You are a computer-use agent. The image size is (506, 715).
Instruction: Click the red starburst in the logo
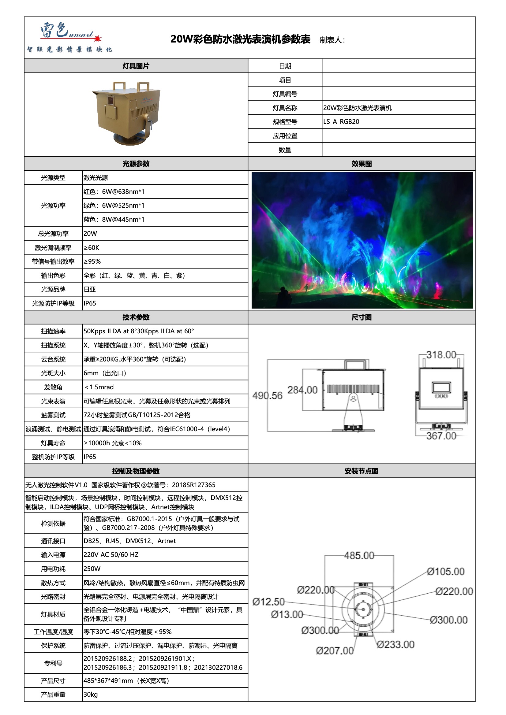pos(98,38)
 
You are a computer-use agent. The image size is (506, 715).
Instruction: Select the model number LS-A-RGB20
pos(341,122)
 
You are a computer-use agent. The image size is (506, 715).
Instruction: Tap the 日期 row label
pos(285,66)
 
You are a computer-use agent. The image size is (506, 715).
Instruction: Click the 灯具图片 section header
pos(136,66)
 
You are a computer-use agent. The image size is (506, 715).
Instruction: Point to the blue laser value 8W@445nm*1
pos(114,220)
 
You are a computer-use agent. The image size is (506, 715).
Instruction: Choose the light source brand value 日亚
pos(90,290)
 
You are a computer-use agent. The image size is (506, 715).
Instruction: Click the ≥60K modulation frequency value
pos(92,248)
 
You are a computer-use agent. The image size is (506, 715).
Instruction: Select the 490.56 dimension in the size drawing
pos(268,396)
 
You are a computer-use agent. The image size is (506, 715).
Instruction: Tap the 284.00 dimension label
pos(302,390)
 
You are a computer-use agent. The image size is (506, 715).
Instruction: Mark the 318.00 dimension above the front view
pos(441,355)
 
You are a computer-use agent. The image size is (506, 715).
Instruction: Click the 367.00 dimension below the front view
pos(441,436)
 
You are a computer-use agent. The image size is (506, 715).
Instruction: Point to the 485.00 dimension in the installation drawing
pos(359,556)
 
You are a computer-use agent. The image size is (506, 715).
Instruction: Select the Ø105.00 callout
pos(446,572)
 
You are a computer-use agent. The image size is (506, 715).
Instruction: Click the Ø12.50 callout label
pos(268,602)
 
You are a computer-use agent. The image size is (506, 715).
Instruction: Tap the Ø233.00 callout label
pos(395,645)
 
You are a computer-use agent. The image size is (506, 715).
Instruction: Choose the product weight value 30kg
pos(91,695)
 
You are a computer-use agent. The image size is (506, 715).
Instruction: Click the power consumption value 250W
pos(92,569)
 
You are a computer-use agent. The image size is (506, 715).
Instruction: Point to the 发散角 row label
pos(53,387)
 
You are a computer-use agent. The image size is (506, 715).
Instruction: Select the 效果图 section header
pos(361,164)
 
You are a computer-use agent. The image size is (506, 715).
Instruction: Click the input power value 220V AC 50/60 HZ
pos(111,555)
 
